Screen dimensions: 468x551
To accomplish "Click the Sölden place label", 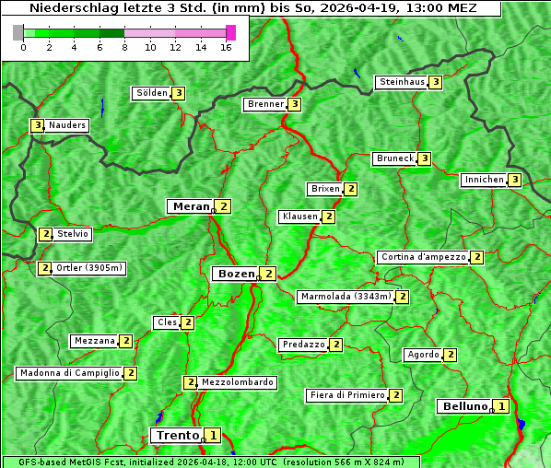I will pyautogui.click(x=152, y=93).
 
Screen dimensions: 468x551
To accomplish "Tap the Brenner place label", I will pyautogui.click(x=265, y=104).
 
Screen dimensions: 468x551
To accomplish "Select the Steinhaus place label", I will pyautogui.click(x=402, y=82).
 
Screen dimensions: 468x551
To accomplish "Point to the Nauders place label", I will pyautogui.click(x=66, y=125).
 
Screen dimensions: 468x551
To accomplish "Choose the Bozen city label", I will pyautogui.click(x=235, y=274).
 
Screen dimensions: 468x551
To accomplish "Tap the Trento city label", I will pyautogui.click(x=177, y=435).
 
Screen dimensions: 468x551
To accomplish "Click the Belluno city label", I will pyautogui.click(x=463, y=406).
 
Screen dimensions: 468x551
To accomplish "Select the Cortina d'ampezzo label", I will pyautogui.click(x=423, y=257).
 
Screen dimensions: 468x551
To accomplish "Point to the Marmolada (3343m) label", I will pyautogui.click(x=346, y=297).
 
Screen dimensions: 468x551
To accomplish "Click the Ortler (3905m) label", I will pyautogui.click(x=88, y=268).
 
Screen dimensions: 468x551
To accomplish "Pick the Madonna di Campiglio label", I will pyautogui.click(x=69, y=373).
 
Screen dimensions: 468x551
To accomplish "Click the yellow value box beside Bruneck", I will pyautogui.click(x=424, y=158).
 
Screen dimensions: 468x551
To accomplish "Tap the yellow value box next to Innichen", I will pyautogui.click(x=515, y=180).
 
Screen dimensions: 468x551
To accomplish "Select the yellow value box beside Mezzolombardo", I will pyautogui.click(x=191, y=382).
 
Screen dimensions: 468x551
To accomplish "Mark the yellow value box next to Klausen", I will pyautogui.click(x=328, y=216).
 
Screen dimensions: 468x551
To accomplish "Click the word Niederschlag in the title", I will pyautogui.click(x=69, y=7).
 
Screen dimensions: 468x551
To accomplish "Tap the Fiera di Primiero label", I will pyautogui.click(x=347, y=395).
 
